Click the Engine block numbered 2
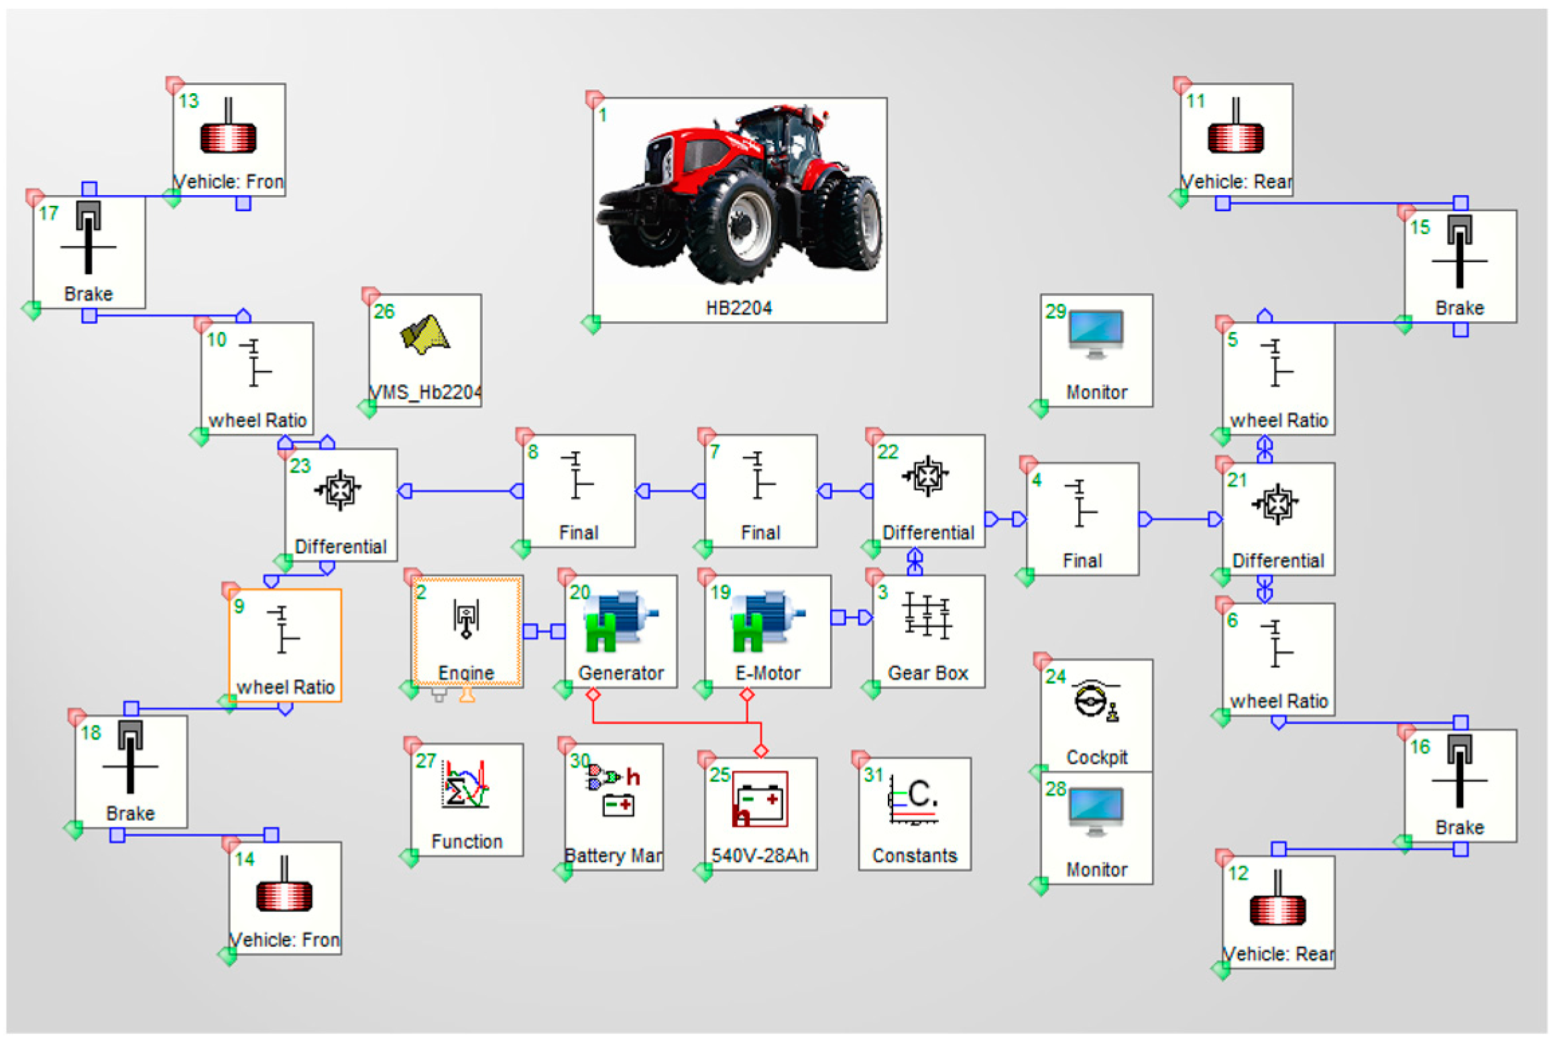tap(467, 631)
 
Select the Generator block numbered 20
tap(620, 631)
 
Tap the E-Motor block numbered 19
tap(767, 631)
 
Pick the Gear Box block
tap(928, 631)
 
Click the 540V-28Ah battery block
tap(760, 813)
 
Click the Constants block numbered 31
tap(914, 813)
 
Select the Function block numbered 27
tap(467, 799)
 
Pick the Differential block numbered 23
tap(341, 504)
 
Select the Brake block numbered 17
tap(89, 251)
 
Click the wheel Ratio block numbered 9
tap(285, 645)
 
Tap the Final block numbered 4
tap(1082, 518)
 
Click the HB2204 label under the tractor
tap(739, 308)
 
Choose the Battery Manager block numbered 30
tap(614, 806)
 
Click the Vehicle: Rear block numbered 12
tap(1277, 911)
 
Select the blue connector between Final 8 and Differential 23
tap(460, 491)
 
